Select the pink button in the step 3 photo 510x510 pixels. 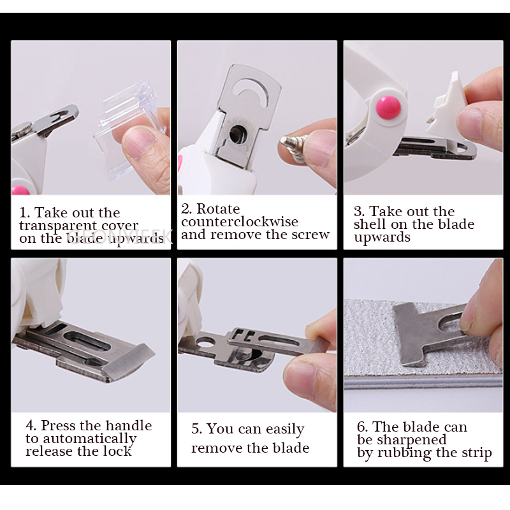[x=387, y=106]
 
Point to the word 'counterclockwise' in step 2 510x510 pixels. [x=240, y=222]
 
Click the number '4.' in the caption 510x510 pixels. [x=31, y=425]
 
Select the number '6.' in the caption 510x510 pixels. [x=362, y=427]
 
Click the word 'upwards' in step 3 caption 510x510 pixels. [x=382, y=237]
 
